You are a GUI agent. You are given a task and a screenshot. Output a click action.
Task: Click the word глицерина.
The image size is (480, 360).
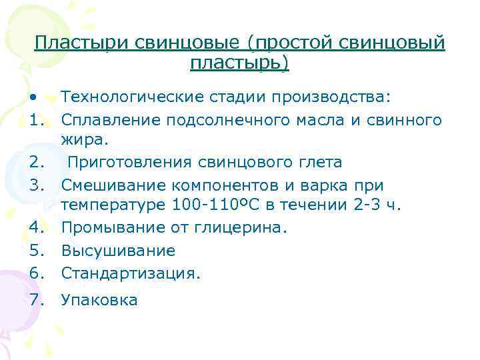coord(247,228)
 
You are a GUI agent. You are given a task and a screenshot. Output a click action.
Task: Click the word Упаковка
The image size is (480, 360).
coord(99,300)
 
